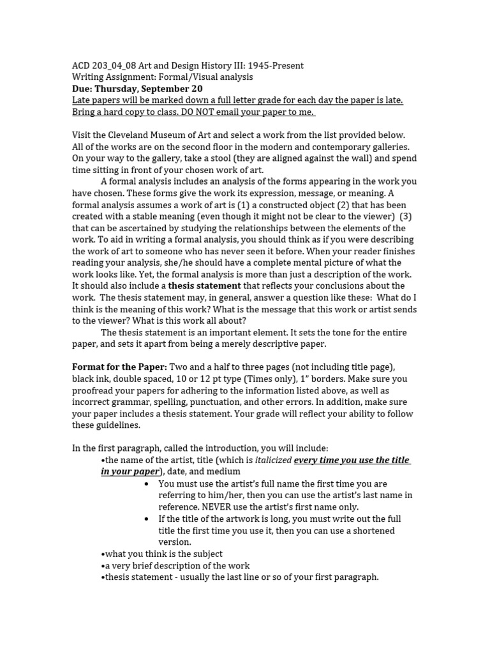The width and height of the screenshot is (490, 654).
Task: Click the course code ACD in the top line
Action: [81, 66]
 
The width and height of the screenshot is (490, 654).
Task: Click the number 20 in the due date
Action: [197, 89]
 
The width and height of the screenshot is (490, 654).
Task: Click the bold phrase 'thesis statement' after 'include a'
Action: [204, 286]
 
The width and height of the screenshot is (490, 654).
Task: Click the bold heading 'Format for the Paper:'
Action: [119, 367]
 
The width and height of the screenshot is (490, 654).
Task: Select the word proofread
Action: [96, 390]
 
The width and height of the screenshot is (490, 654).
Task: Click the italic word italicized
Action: [273, 460]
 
